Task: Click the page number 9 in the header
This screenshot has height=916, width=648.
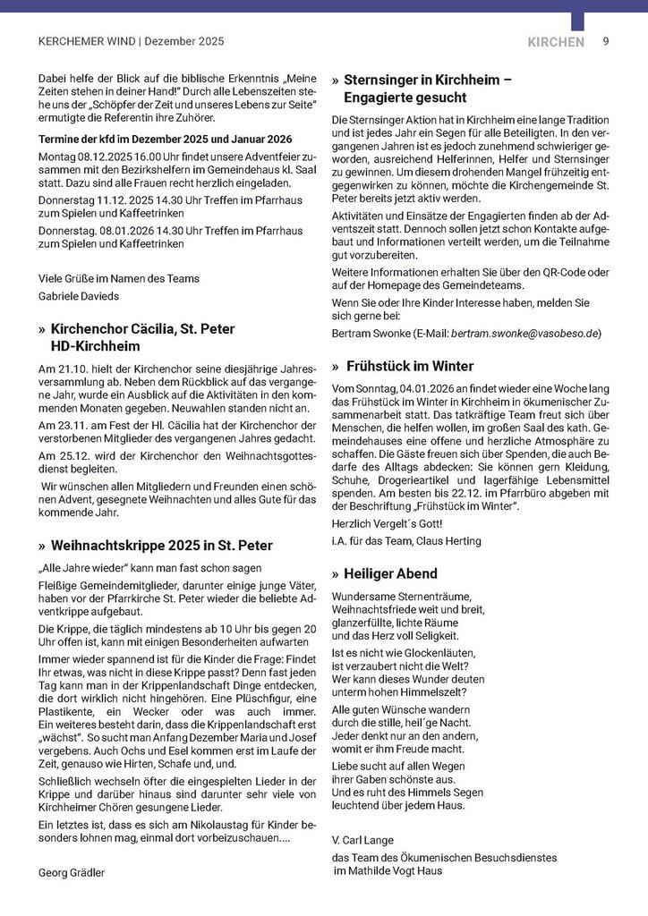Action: pyautogui.click(x=606, y=41)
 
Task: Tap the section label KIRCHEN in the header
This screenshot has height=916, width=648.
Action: pyautogui.click(x=556, y=42)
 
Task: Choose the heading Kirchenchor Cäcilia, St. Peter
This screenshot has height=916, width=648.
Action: pyautogui.click(x=142, y=329)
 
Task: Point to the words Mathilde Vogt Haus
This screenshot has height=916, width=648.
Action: pyautogui.click(x=390, y=870)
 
